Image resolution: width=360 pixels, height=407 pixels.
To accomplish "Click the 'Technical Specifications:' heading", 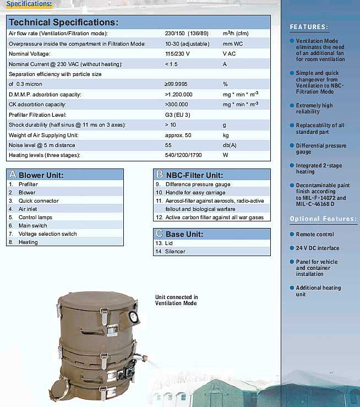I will [x=63, y=23].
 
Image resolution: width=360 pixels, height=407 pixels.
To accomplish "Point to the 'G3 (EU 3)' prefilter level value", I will [x=177, y=115].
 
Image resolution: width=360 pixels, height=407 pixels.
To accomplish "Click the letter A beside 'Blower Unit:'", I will [x=13, y=175].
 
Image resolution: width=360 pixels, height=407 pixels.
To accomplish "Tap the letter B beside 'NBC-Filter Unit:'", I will [x=160, y=175].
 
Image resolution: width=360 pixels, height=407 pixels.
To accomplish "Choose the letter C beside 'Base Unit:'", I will [x=160, y=234].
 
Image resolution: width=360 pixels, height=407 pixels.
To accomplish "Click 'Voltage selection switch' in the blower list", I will [x=47, y=234].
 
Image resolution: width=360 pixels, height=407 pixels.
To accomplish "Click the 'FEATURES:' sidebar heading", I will [x=309, y=27].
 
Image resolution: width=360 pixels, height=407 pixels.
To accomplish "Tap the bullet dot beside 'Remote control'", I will [x=291, y=235].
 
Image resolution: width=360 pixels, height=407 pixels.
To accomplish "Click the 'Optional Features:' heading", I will [x=323, y=219].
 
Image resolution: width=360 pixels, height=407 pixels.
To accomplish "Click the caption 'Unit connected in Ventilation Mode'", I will [x=176, y=300].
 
